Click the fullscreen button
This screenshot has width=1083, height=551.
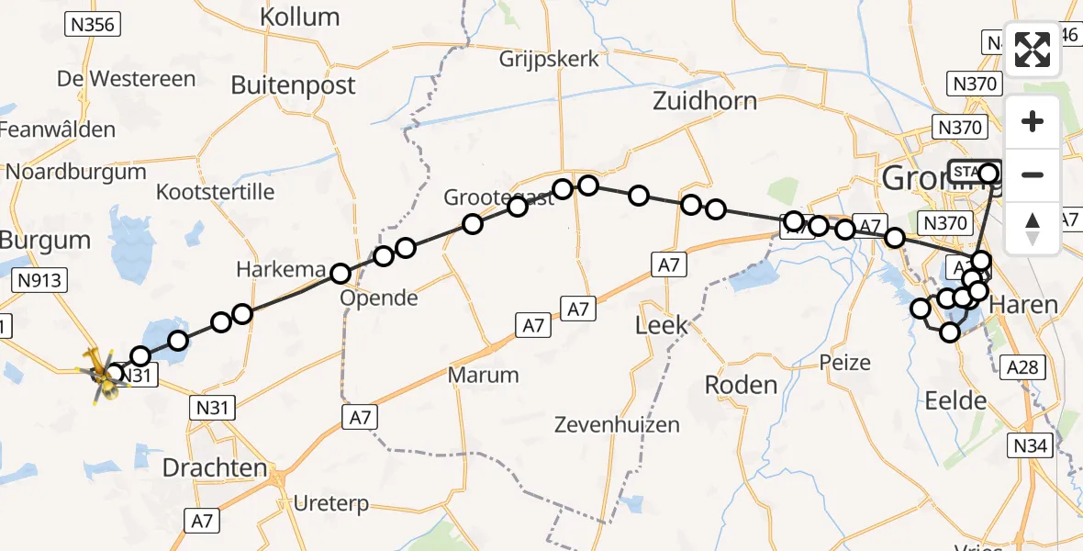(1033, 50)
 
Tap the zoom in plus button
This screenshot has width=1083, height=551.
(1033, 122)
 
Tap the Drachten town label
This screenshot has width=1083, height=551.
(215, 467)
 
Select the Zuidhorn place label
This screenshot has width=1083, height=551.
(705, 100)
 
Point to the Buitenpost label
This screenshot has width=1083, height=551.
(293, 85)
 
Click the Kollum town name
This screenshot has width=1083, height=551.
(299, 17)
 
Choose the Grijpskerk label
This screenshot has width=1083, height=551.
(549, 60)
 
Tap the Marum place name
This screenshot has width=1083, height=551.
(484, 375)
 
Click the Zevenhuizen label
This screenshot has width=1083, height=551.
(617, 424)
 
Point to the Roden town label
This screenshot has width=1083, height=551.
(742, 385)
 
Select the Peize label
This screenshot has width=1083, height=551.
(845, 362)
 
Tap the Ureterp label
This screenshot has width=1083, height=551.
(331, 503)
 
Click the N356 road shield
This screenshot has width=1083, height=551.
(93, 25)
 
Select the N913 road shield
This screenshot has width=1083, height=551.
(39, 279)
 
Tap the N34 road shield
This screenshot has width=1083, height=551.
(1030, 446)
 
